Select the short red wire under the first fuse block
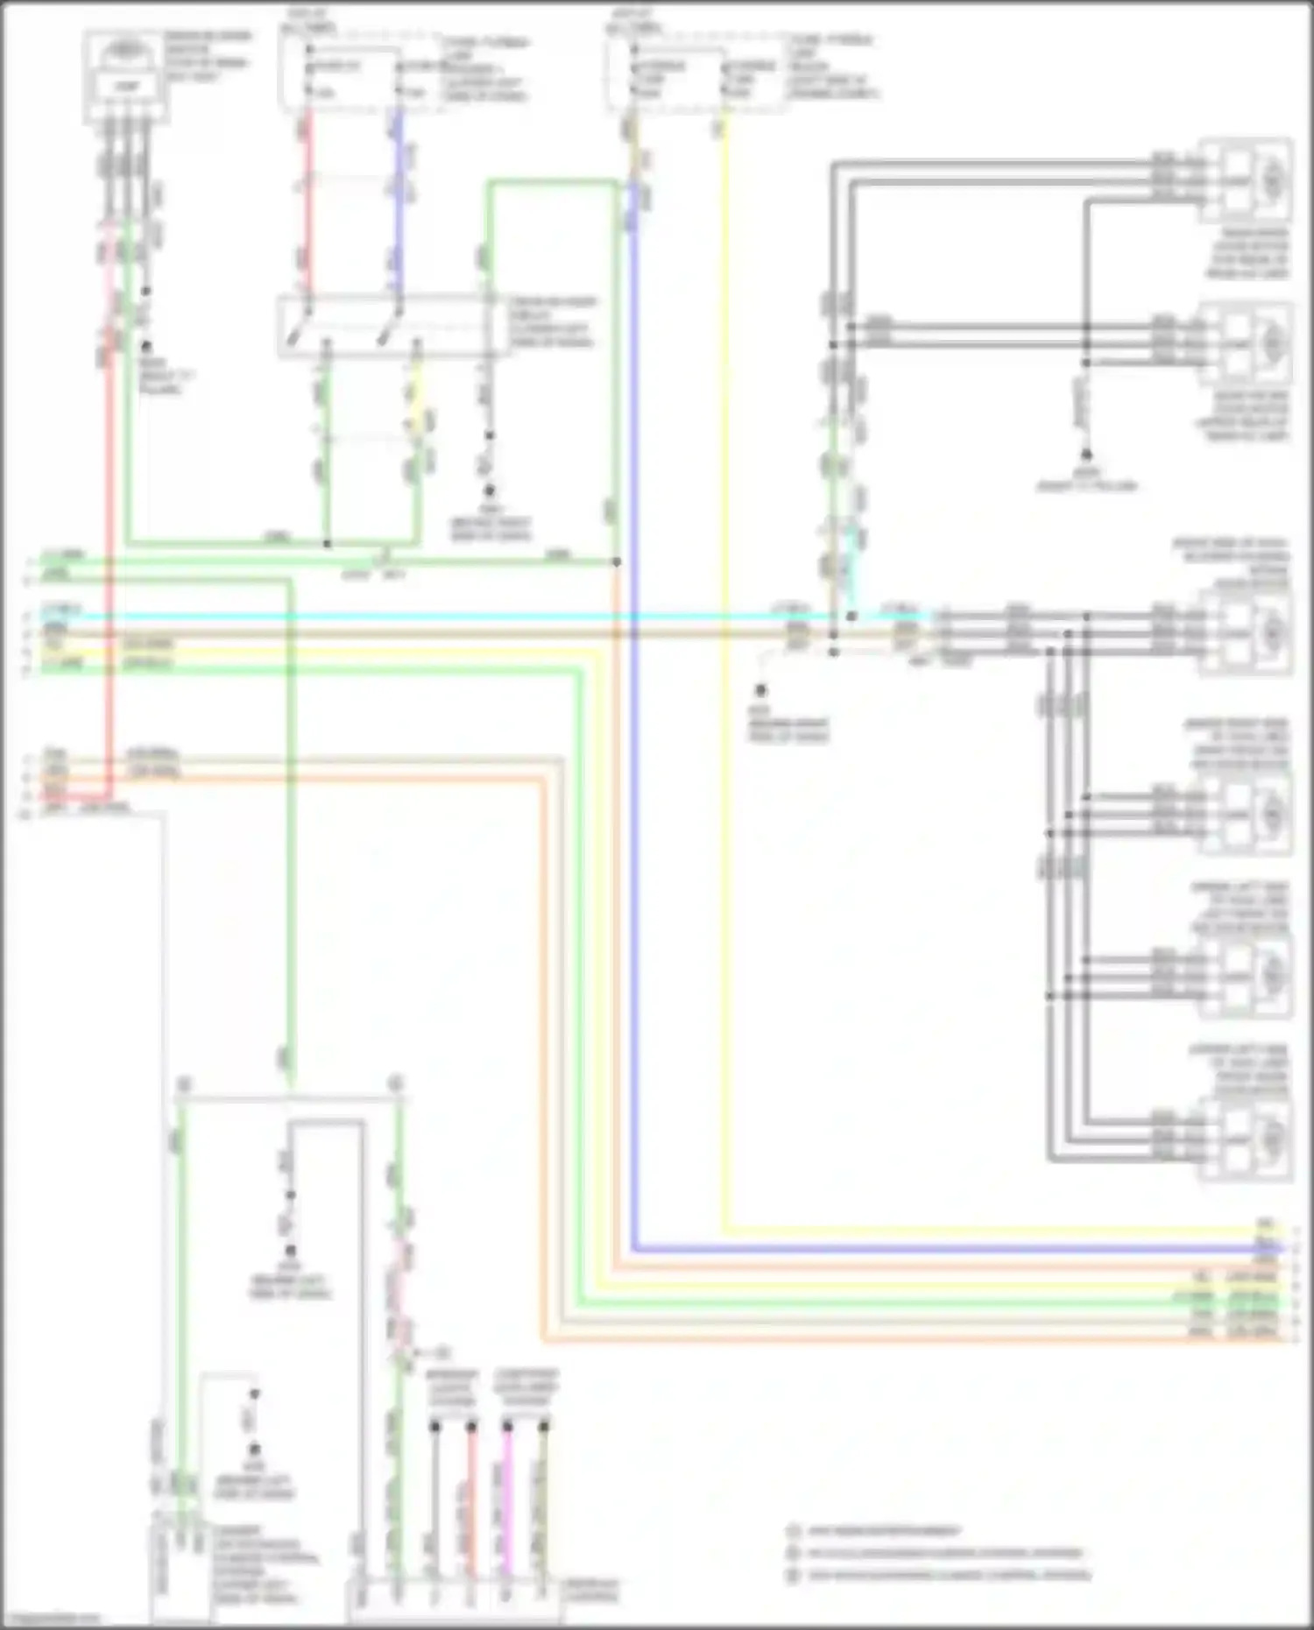click(307, 201)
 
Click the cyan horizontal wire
click(438, 617)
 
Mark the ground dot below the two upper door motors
click(1086, 455)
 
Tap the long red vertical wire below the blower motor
click(109, 569)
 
